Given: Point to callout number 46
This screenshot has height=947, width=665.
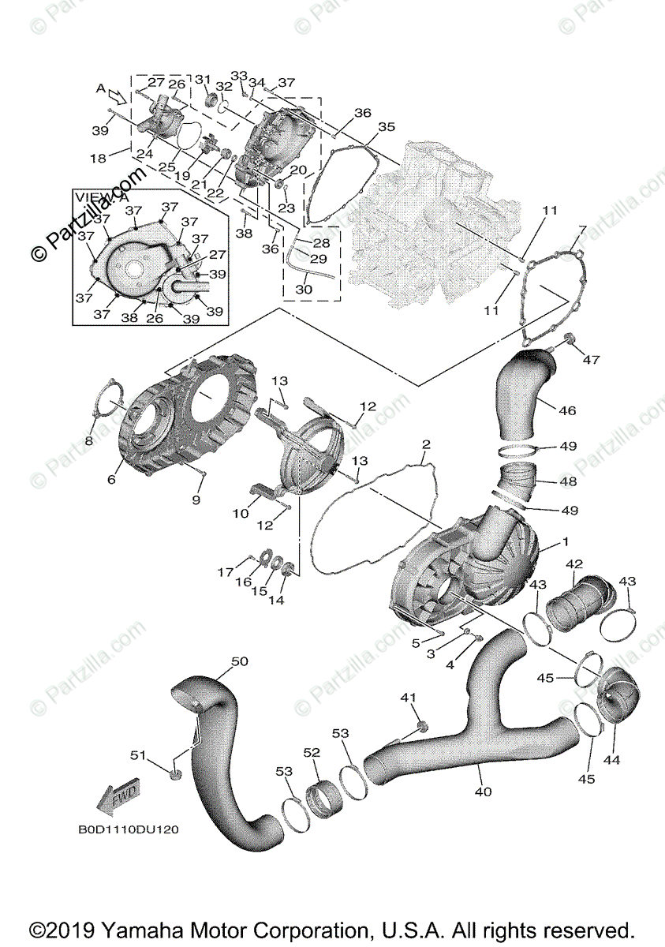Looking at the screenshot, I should (567, 410).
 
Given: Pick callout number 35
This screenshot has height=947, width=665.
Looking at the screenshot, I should (386, 126).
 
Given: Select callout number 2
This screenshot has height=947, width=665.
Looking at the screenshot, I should (425, 444).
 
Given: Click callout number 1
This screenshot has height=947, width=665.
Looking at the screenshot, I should (565, 542).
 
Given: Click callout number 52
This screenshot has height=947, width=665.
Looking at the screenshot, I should (312, 753).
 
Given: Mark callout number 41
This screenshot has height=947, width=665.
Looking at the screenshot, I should (408, 698).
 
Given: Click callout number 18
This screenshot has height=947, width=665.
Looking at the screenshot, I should (98, 159).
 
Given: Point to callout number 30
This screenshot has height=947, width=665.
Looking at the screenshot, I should (304, 290).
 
